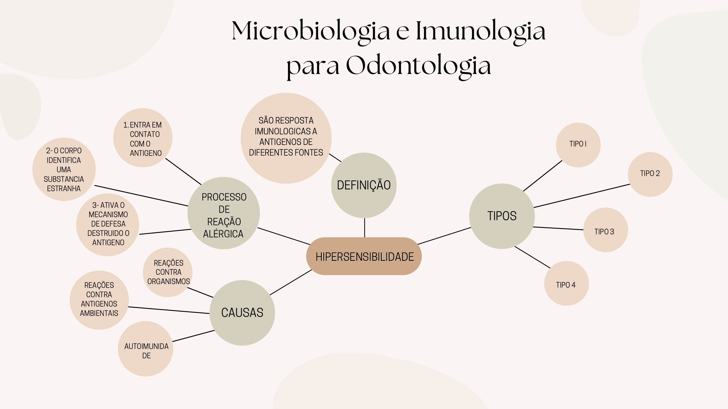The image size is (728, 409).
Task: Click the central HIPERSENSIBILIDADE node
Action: pyautogui.click(x=364, y=256)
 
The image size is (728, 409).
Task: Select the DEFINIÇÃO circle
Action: pyautogui.click(x=364, y=185)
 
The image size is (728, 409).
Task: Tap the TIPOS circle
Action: pyautogui.click(x=502, y=216)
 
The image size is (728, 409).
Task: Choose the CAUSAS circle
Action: pyautogui.click(x=242, y=313)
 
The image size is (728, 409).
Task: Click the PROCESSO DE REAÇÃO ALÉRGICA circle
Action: pyautogui.click(x=223, y=213)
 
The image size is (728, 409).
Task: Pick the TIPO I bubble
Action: pyautogui.click(x=578, y=144)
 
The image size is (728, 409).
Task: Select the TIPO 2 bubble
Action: pyautogui.click(x=650, y=174)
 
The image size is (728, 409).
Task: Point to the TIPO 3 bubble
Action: pyautogui.click(x=605, y=230)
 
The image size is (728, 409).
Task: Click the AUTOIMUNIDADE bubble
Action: pyautogui.click(x=146, y=349)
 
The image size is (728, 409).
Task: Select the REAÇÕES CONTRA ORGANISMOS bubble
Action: pyautogui.click(x=168, y=272)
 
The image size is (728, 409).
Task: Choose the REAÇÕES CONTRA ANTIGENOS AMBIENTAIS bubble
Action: pyautogui.click(x=99, y=300)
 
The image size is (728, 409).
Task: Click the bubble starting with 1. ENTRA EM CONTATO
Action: pyautogui.click(x=143, y=138)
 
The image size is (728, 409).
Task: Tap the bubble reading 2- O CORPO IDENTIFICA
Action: pyautogui.click(x=64, y=169)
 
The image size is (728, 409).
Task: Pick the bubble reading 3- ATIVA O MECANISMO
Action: pyautogui.click(x=108, y=225)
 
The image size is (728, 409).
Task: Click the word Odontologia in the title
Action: pyautogui.click(x=418, y=65)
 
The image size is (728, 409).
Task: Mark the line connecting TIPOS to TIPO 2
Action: pyautogui.click(x=582, y=196)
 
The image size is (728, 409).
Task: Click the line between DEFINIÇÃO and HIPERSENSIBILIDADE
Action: pyautogui.click(x=365, y=227)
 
